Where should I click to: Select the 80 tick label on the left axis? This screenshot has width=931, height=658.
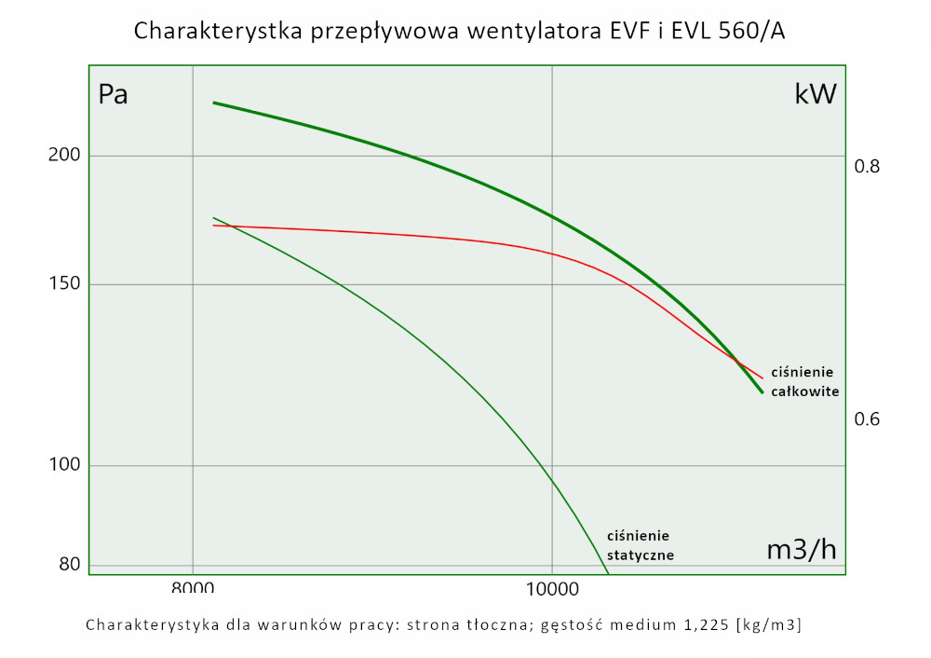(69, 564)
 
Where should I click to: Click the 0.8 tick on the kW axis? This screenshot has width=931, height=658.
(867, 167)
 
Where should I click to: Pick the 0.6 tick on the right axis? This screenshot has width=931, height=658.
(867, 419)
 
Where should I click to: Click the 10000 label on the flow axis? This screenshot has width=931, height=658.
(552, 589)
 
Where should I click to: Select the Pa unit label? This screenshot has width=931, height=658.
(113, 95)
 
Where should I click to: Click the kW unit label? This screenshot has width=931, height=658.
(815, 94)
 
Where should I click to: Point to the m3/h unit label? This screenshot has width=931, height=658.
(801, 550)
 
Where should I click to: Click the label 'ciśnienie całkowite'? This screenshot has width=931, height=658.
(808, 381)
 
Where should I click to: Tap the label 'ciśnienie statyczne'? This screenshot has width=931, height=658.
(640, 545)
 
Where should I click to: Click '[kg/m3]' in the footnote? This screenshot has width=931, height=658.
(768, 624)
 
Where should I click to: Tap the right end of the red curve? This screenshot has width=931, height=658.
(762, 378)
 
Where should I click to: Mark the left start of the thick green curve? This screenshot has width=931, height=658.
(213, 103)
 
